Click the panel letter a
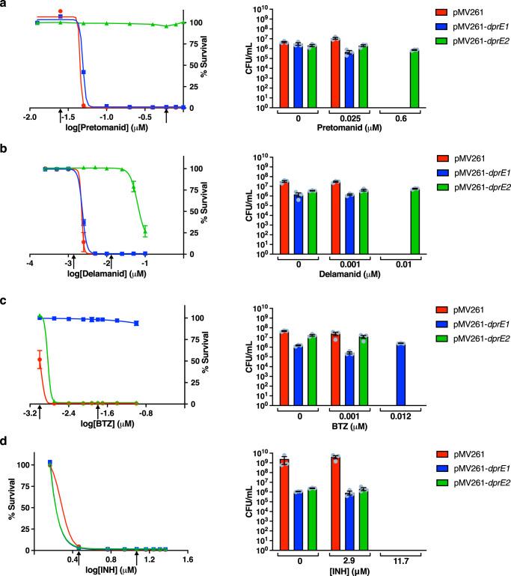(5, 5)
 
